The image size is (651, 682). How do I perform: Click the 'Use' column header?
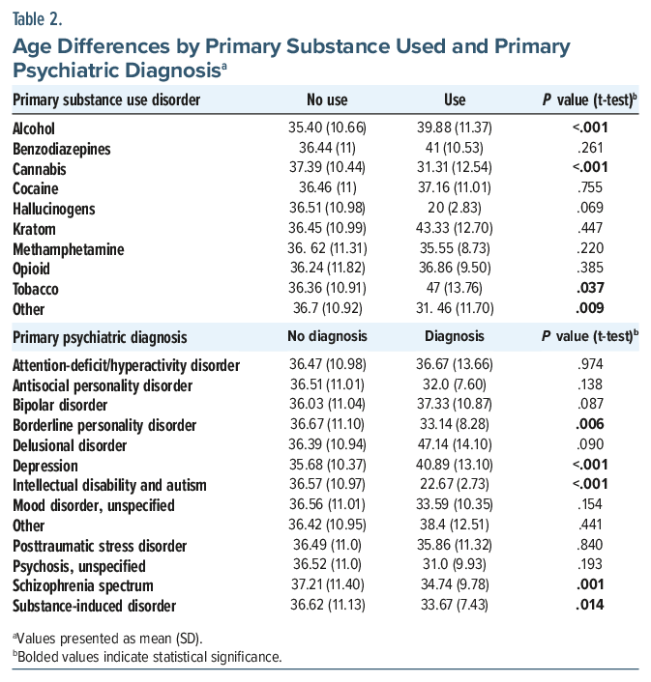454,99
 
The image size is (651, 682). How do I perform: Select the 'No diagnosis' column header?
327,338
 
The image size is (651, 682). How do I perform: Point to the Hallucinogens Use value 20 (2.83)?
454,210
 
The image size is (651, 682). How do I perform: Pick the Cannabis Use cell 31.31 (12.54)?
454,169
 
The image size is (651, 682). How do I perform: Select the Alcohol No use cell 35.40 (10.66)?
327,128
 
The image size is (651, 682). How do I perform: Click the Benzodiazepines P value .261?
590,149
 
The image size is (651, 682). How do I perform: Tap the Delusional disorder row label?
70,445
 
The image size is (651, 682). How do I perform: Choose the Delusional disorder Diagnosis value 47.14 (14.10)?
454,445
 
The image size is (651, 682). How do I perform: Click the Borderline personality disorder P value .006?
590,425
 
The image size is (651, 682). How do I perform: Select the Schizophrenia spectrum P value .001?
590,585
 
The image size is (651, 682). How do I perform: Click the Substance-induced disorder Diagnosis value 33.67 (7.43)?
454,606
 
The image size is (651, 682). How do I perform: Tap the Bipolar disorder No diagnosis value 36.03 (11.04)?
327,405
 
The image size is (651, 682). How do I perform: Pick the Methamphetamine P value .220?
590,250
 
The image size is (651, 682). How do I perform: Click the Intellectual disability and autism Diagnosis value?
454,485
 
